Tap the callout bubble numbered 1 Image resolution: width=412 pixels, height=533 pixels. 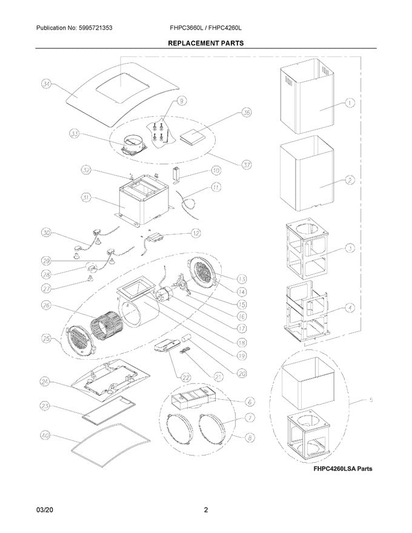(x=350, y=103)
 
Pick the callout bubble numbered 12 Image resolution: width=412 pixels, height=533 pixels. (x=195, y=233)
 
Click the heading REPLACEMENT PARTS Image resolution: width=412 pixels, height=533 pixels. (x=205, y=44)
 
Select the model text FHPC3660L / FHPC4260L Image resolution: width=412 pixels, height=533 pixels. (x=210, y=28)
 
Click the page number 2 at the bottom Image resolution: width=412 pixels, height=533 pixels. (x=206, y=510)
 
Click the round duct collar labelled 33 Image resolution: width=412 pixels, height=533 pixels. (x=130, y=145)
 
